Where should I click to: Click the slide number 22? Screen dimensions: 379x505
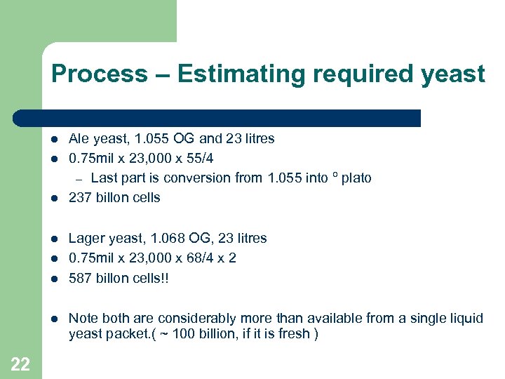tap(20, 363)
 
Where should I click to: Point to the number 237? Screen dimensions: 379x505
tap(80, 197)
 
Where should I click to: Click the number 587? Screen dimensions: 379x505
tap(80, 278)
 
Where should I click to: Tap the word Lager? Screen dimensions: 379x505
tap(86, 238)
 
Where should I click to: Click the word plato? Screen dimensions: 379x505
tap(356, 178)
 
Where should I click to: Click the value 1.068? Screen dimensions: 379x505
tap(166, 238)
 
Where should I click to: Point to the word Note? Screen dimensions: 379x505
tap(83, 318)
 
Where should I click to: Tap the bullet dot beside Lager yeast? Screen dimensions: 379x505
tap(55, 239)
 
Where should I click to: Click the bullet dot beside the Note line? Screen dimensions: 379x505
tap(55, 319)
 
